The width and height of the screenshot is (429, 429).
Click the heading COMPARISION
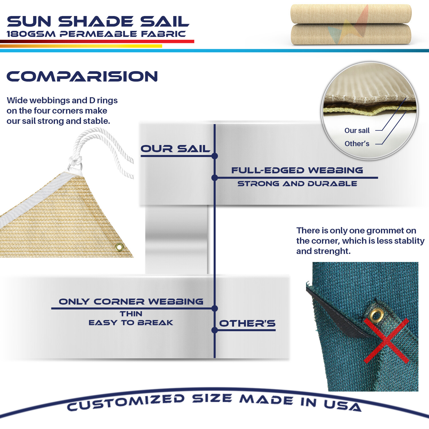tap(82, 76)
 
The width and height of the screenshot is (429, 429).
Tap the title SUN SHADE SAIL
tap(98, 21)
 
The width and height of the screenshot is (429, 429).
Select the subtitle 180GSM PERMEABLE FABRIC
tap(96, 34)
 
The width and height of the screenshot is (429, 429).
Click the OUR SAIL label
tap(175, 149)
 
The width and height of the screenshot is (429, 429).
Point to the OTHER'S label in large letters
tap(247, 323)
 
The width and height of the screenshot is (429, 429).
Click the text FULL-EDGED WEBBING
tap(297, 170)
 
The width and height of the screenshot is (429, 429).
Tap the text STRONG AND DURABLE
tap(297, 184)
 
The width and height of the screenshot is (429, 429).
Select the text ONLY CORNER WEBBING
tap(131, 301)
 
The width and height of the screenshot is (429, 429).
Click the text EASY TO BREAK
tap(131, 323)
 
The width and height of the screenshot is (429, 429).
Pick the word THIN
tap(131, 314)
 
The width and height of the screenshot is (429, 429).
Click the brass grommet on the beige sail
tap(119, 247)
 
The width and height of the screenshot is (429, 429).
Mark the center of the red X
tap(386, 341)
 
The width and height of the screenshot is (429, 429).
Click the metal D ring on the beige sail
tap(75, 166)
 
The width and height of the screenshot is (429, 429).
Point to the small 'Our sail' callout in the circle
tap(357, 130)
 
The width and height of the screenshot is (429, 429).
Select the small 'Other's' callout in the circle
tap(357, 144)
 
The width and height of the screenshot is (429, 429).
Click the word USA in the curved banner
tap(343, 405)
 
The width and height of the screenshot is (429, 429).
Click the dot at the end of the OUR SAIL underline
tap(215, 156)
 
